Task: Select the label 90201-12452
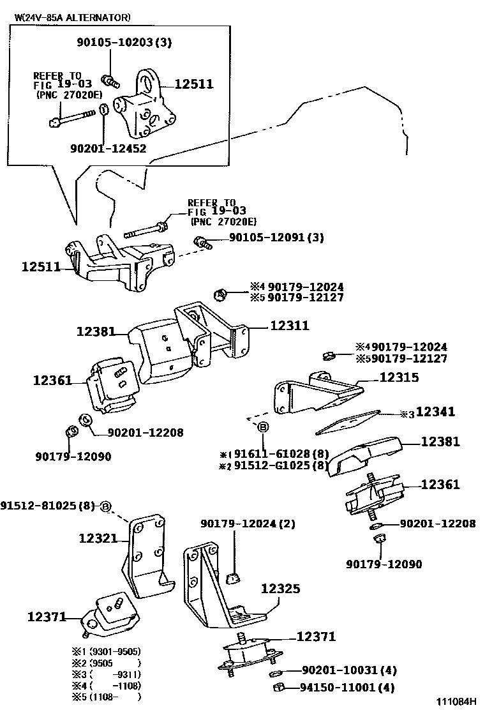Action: click(x=108, y=149)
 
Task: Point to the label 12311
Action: click(x=289, y=326)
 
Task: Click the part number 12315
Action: click(x=399, y=377)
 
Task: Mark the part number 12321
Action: click(x=98, y=538)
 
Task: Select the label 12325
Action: click(x=280, y=589)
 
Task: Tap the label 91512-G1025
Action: click(x=272, y=465)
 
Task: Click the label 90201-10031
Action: click(x=339, y=670)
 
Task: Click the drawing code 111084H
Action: click(x=456, y=701)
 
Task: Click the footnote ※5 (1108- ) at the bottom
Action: click(x=106, y=697)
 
